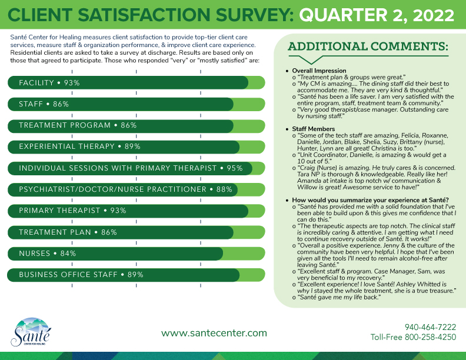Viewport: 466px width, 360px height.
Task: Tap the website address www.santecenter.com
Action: tap(214, 333)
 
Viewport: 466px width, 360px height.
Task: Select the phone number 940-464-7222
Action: tap(430, 327)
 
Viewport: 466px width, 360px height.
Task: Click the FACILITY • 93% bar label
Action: tap(49, 83)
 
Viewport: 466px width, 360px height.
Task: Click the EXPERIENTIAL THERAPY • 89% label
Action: tap(79, 146)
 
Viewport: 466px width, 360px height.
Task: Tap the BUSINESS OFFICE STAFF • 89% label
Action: tap(81, 275)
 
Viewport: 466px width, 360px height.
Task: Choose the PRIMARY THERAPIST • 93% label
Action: tap(73, 211)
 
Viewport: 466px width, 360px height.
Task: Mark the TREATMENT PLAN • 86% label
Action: tap(68, 232)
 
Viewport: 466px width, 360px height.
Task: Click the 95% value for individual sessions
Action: tap(235, 168)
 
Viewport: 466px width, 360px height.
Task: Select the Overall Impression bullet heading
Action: tap(319, 71)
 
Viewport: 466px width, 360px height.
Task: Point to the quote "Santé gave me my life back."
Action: tap(338, 298)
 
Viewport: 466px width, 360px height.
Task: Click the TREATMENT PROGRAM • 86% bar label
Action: tap(78, 125)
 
